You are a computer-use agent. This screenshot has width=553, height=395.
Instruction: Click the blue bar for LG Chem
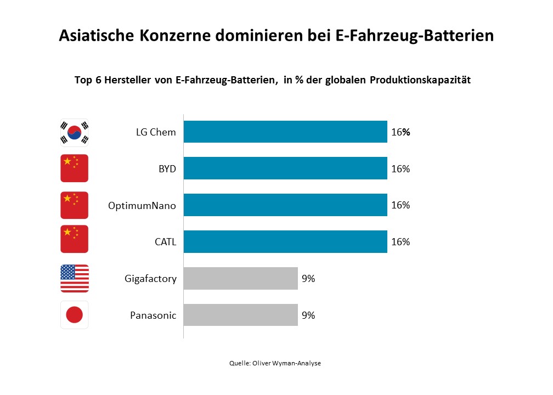285,132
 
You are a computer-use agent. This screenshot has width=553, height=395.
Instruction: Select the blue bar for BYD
285,168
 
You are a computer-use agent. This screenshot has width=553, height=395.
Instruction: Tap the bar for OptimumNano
285,205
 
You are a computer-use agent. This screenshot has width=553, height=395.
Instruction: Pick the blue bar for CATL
285,242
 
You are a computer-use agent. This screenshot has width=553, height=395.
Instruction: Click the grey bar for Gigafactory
240,279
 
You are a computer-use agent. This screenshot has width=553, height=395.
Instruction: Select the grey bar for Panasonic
240,315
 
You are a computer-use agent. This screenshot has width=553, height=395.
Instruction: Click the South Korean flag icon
74,132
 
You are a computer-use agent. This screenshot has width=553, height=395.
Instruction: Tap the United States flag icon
74,279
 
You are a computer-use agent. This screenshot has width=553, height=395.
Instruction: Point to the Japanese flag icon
74,315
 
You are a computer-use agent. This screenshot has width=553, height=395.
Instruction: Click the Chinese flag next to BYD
74,168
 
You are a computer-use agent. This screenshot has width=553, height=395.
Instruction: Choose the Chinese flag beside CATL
74,242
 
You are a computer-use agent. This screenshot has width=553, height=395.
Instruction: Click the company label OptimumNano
143,206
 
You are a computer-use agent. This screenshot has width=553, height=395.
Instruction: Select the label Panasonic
153,315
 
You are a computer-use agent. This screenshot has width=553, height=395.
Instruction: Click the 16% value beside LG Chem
400,132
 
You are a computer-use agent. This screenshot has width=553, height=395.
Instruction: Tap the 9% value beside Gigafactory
308,279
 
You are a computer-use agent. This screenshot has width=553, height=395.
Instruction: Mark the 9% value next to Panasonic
308,315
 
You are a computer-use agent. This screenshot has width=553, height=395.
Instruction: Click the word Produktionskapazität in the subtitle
420,80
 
